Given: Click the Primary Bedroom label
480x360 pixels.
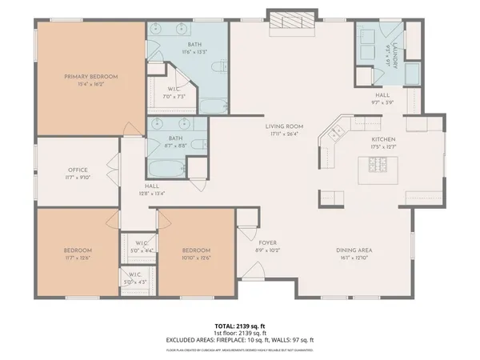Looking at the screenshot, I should point(91,77).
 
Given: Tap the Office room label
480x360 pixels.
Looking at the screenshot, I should point(78,170).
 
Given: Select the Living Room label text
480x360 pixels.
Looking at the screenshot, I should point(284,126).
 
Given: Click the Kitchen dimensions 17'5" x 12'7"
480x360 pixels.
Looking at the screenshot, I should point(383,147).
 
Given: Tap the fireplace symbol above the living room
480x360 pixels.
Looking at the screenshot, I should point(287,24).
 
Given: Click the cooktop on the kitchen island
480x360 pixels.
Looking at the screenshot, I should point(375,166).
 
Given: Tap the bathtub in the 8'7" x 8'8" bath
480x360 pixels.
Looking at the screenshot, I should point(163,169).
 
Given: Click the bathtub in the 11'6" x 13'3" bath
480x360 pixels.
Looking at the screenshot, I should point(211,105).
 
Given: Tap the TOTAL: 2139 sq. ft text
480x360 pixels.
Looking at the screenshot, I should point(239,326).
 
